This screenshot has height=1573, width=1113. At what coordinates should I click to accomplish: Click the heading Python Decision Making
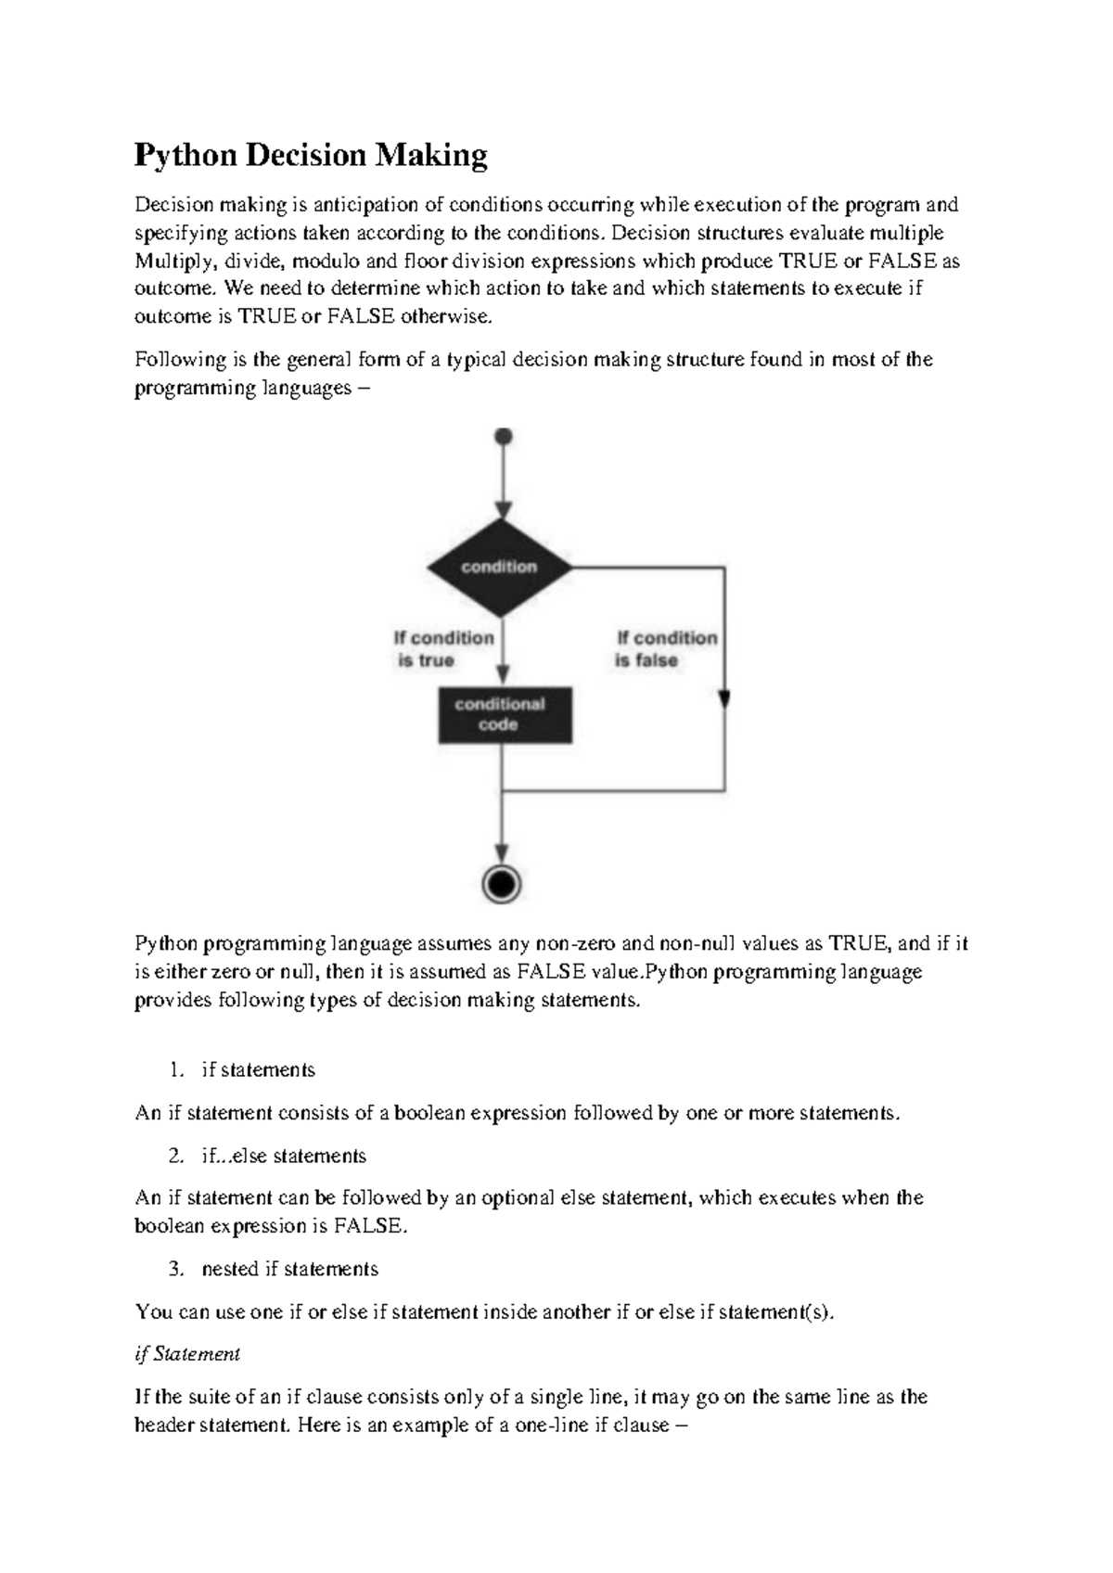(311, 155)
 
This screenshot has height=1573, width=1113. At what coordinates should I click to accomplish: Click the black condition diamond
(502, 567)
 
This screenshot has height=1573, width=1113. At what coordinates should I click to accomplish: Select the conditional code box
(505, 714)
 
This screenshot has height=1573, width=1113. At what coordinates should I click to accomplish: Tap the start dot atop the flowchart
(504, 436)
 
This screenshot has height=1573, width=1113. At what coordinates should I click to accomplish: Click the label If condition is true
(443, 648)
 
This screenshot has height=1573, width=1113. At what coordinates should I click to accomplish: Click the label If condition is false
(666, 648)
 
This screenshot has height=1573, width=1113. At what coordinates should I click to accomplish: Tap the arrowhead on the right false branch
(724, 698)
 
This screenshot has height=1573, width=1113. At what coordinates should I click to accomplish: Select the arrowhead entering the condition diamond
(503, 510)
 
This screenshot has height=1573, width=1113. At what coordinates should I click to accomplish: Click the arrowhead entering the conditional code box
(503, 677)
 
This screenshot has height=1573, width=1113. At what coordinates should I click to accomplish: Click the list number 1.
(176, 1069)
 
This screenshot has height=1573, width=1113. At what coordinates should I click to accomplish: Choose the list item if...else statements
(284, 1156)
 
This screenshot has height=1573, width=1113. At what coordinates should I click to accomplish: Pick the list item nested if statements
(289, 1268)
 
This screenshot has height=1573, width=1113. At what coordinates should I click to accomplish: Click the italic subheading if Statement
(187, 1353)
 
